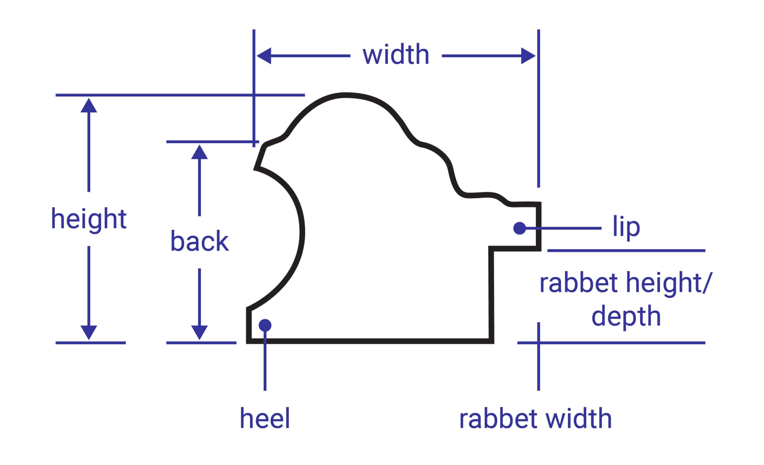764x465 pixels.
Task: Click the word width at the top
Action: (x=396, y=55)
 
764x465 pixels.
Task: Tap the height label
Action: (x=89, y=219)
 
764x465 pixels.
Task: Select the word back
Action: (x=199, y=241)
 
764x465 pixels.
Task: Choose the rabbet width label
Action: (x=535, y=418)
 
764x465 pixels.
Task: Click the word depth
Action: (x=626, y=316)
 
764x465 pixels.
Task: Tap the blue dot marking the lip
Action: (x=520, y=228)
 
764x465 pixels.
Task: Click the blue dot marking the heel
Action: (x=265, y=325)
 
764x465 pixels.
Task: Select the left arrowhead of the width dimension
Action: (x=264, y=56)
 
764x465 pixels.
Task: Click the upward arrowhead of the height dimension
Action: (x=89, y=105)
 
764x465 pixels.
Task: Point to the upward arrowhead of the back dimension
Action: (x=199, y=152)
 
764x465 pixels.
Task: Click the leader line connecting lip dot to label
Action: (x=564, y=228)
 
